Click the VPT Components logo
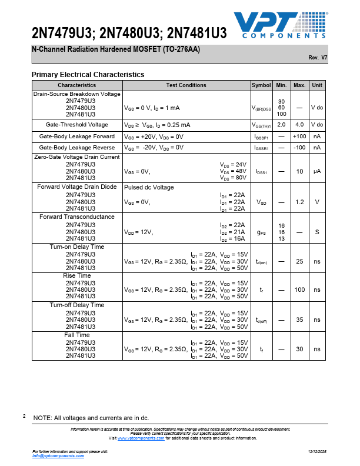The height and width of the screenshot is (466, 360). (281, 26)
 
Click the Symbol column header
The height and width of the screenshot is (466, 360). (261, 85)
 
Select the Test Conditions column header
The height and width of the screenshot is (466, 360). (186, 85)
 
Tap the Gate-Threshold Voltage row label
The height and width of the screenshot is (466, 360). (77, 125)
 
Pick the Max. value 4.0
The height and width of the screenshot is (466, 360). (299, 125)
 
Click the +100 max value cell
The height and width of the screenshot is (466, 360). (299, 137)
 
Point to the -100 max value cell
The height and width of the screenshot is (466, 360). (299, 148)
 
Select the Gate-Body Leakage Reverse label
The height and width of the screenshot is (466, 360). (77, 148)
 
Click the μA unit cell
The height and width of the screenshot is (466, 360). (317, 171)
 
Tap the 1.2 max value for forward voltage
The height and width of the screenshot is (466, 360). (299, 202)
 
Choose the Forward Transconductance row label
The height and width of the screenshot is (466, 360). (77, 217)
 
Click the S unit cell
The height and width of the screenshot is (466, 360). (317, 232)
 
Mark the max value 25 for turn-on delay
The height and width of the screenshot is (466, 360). (299, 261)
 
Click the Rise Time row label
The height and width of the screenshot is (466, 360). (77, 275)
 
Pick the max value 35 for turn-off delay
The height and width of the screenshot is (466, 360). (299, 319)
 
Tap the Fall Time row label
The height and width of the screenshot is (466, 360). (77, 335)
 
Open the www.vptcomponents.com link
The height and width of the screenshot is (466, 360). (141, 438)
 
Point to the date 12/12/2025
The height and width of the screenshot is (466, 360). (318, 451)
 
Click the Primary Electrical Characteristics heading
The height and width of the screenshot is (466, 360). (88, 75)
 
